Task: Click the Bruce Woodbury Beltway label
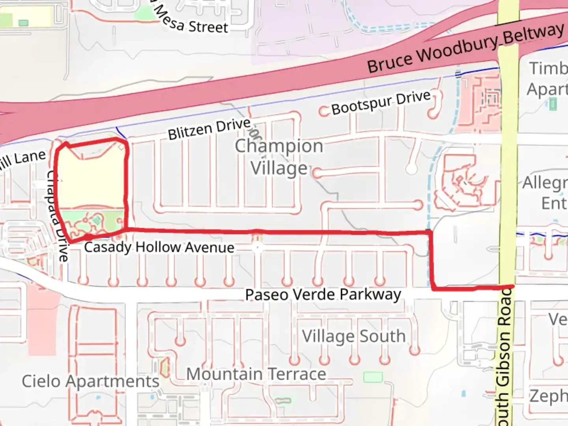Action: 465,48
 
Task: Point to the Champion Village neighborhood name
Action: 279,157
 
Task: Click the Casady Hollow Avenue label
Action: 159,247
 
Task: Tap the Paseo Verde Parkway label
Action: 323,295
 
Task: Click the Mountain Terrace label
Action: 256,374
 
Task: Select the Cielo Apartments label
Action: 90,381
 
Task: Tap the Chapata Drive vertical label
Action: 57,215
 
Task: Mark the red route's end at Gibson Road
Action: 512,286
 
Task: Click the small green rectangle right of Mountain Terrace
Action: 373,377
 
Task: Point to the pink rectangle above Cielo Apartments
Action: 42,319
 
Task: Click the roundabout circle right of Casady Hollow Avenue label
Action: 257,247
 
